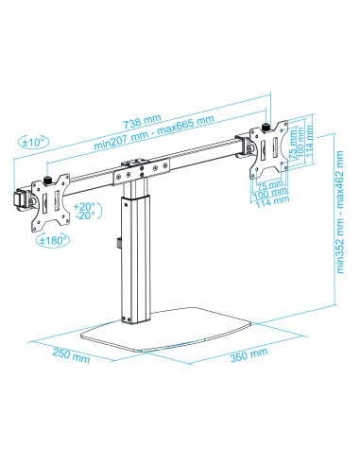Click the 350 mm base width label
(248, 353)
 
